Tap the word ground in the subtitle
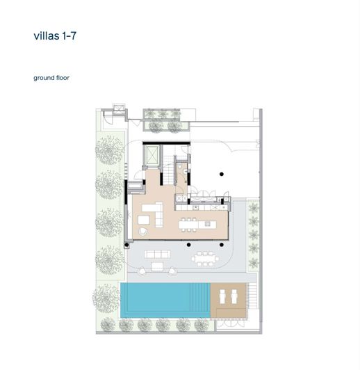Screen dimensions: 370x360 click(x=44, y=78)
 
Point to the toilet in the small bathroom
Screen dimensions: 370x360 click(x=184, y=167)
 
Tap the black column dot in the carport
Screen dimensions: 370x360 click(x=221, y=173)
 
